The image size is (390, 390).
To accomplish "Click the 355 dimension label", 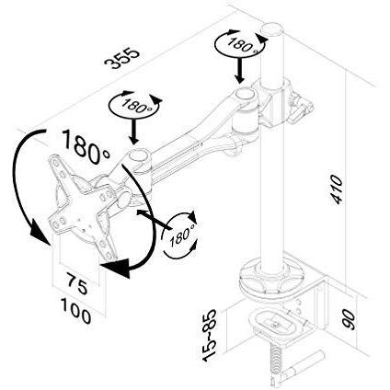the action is click(x=122, y=57).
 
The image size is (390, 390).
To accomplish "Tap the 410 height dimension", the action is click(x=337, y=189).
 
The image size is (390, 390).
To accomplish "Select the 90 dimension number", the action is click(x=350, y=319).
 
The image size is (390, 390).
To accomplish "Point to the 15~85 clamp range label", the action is click(x=210, y=335).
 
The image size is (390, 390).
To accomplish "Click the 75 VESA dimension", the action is click(x=77, y=284).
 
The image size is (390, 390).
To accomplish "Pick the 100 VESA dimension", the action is click(x=75, y=311).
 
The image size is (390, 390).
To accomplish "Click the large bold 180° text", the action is click(x=86, y=146).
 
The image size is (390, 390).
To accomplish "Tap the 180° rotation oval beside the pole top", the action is click(x=240, y=44).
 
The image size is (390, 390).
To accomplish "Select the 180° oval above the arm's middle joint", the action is click(x=135, y=105).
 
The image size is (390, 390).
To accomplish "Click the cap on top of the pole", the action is click(x=271, y=29).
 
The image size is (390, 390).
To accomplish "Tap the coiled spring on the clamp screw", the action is click(x=277, y=359).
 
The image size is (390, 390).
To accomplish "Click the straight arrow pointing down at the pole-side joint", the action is click(x=240, y=71).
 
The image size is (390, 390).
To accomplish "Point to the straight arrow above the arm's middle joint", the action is click(x=133, y=131).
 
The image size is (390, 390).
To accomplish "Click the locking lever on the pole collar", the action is click(x=301, y=106).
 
